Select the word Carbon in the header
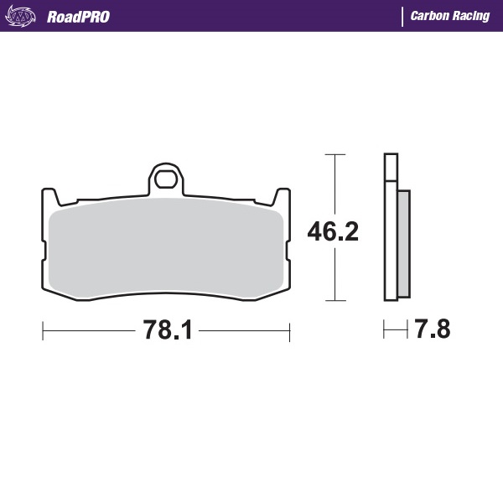(x=428, y=16)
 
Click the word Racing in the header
(x=470, y=16)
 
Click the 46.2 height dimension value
(x=333, y=231)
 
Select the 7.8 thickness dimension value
(x=433, y=329)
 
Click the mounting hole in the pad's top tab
(x=165, y=179)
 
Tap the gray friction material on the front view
(x=165, y=251)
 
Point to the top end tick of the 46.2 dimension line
(x=335, y=155)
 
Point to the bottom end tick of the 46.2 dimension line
(x=335, y=299)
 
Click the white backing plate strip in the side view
(x=390, y=235)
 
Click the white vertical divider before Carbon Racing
(x=403, y=16)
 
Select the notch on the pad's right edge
(x=288, y=249)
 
